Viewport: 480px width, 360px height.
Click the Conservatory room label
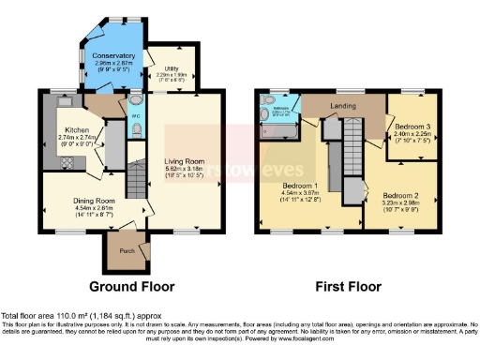tap(113, 56)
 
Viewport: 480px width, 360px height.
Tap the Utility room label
tap(172, 68)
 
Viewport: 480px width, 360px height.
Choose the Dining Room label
tap(94, 200)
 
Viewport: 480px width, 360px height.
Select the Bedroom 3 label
tap(412, 126)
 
